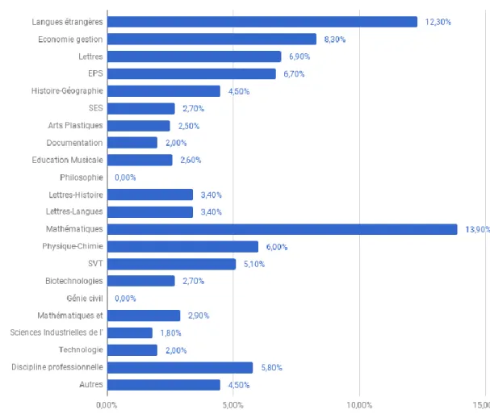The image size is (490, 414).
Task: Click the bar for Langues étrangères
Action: point(262,22)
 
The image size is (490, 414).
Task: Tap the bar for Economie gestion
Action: point(211,40)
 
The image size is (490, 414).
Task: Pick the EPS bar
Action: point(191,74)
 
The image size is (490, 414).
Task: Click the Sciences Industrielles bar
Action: point(130,332)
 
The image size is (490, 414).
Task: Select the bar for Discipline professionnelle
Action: point(180,367)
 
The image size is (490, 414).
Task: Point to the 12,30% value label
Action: point(438,22)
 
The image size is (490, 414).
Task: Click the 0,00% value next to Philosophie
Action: point(125,178)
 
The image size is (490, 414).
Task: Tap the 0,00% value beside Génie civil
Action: point(125,299)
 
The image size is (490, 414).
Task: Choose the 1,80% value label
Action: point(170,333)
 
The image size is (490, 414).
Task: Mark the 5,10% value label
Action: point(254,264)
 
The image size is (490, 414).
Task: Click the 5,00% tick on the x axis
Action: point(232,405)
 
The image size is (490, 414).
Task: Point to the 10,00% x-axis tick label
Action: point(359,405)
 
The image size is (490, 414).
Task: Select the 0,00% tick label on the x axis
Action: point(107,405)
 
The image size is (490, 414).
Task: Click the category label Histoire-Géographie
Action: point(67,90)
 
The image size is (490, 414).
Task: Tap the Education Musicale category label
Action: point(67,160)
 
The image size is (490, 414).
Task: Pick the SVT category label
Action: point(95,263)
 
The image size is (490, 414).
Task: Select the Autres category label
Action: point(91,384)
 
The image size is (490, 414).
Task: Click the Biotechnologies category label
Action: point(74,281)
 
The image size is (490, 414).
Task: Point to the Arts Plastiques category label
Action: point(75,125)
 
